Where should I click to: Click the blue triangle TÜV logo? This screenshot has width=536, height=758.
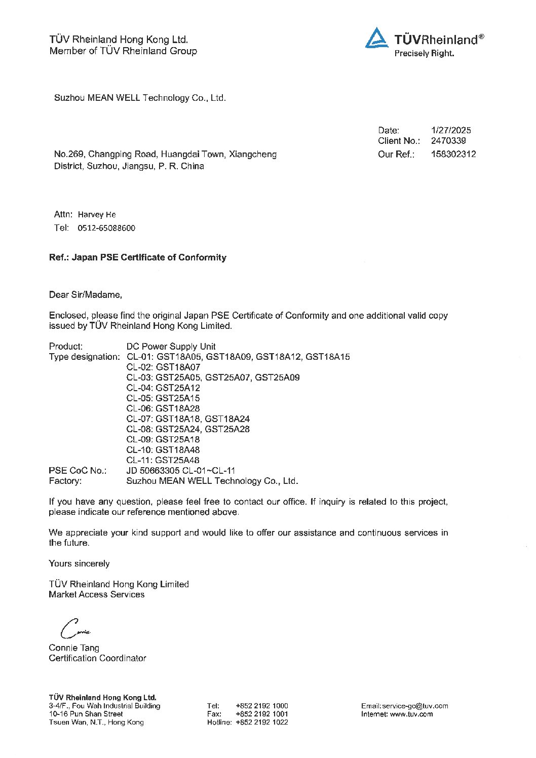tap(376, 39)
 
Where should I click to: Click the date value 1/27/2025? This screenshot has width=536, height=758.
tap(451, 130)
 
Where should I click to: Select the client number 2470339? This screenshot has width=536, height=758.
tap(448, 141)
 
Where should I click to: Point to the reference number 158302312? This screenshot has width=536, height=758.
tap(453, 154)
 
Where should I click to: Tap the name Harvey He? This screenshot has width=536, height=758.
tap(97, 214)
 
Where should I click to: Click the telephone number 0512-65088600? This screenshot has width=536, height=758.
tap(106, 228)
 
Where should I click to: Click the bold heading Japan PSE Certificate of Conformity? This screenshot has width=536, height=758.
tap(149, 257)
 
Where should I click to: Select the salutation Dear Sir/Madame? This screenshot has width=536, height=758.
tap(86, 294)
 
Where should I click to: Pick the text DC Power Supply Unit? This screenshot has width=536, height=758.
tap(171, 347)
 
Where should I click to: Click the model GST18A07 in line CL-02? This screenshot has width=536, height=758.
tap(178, 367)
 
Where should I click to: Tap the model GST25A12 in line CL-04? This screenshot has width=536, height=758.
tap(178, 388)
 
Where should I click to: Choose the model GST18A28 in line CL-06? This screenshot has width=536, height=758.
tap(178, 408)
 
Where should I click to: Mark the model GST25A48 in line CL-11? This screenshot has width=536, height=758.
tap(177, 460)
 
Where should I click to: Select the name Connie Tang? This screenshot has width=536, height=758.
tap(74, 648)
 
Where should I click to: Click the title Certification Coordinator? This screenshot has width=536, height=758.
tap(97, 658)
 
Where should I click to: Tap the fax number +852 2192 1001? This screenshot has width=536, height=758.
tap(261, 714)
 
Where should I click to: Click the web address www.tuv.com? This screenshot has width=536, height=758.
tap(411, 714)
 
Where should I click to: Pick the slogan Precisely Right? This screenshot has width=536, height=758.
tap(424, 53)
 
